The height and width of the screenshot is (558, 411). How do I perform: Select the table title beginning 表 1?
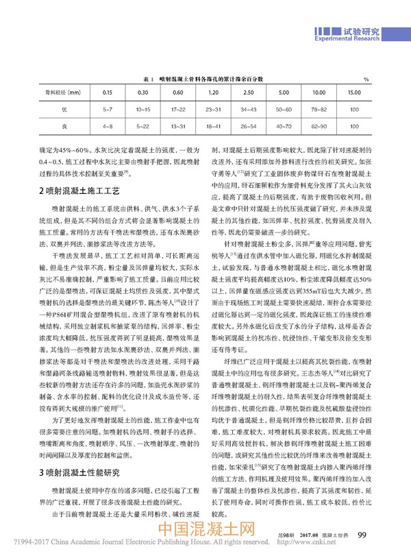coord(205,80)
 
